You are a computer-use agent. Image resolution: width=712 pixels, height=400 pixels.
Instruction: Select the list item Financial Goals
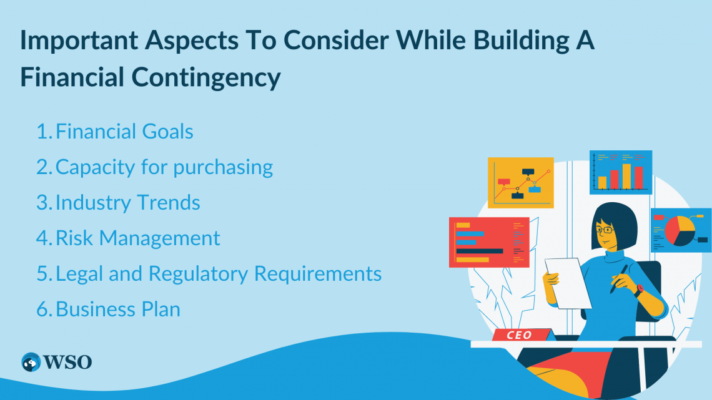124,132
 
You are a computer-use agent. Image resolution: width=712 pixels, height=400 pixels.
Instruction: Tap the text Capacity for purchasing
164,167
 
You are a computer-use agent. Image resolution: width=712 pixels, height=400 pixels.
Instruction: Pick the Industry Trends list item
128,203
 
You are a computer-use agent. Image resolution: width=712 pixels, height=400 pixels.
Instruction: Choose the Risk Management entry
138,238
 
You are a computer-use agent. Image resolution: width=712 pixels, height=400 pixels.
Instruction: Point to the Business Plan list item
118,310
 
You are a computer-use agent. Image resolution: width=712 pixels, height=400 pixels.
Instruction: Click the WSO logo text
67,361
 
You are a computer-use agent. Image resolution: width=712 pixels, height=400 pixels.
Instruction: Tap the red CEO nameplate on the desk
520,335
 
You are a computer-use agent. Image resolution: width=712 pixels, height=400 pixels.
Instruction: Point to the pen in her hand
619,278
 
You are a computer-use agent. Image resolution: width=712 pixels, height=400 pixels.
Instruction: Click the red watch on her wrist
638,289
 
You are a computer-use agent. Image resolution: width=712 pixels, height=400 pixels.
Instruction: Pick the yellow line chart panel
520,182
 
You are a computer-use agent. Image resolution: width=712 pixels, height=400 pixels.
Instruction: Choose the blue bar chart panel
620,172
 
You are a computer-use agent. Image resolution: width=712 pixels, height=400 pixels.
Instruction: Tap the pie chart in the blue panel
680,230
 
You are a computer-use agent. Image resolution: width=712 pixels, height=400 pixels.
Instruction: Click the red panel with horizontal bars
488,245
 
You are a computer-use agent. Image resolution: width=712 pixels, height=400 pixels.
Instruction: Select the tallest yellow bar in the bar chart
626,176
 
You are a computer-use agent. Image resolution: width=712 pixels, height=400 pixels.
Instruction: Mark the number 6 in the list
41,310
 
